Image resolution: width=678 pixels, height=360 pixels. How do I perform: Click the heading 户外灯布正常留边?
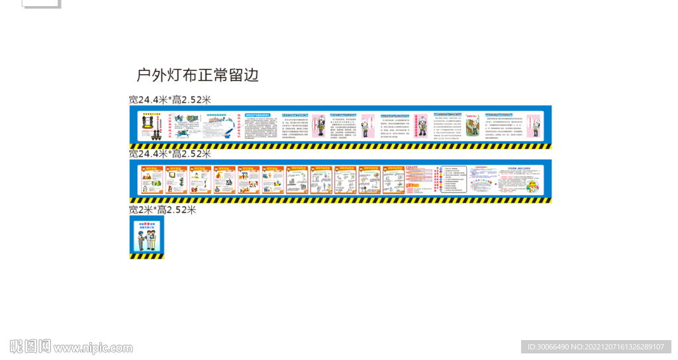point(197,75)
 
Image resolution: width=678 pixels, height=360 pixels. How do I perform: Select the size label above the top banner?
point(170,100)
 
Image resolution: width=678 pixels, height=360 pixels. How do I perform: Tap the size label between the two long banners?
point(170,154)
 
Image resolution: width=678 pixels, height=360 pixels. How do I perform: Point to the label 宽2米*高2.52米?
point(163,210)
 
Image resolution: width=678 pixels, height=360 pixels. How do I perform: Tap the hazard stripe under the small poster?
point(146,256)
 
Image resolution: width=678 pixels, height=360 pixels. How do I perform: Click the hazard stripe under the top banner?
point(340,146)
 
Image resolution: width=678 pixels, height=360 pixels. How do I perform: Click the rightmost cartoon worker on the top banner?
point(534,124)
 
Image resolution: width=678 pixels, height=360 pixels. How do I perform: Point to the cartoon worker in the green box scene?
point(472,125)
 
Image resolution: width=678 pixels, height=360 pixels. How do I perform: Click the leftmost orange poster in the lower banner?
point(153,179)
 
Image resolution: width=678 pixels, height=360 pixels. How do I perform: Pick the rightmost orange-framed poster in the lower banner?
point(394,179)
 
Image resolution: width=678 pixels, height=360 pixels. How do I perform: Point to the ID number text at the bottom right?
point(596,347)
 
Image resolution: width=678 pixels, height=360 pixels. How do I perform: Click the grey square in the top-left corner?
point(41,3)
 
